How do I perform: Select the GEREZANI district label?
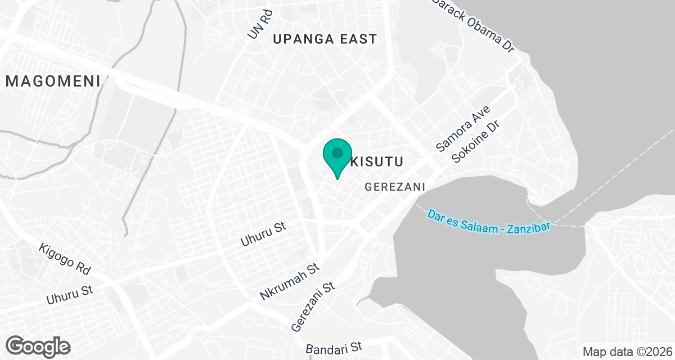pos(394,187)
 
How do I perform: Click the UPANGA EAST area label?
pos(325,39)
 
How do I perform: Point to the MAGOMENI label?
pos(53,81)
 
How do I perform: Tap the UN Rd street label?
pos(260,25)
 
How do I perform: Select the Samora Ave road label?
pos(456,129)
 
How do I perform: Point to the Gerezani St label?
pos(313,307)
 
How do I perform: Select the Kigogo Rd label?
pos(65,259)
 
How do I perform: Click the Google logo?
pos(38,346)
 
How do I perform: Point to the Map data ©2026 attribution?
pos(627,352)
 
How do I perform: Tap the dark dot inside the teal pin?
pos(337,152)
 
